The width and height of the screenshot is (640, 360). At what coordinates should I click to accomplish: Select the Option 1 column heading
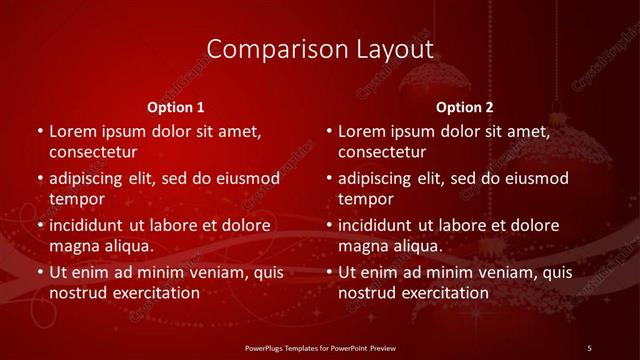pos(176,107)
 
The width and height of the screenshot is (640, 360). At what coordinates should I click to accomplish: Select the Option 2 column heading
pos(465,107)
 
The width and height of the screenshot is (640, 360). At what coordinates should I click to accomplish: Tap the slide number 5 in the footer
pos(589,347)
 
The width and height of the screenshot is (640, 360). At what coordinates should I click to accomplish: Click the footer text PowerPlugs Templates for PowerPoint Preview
pos(320,347)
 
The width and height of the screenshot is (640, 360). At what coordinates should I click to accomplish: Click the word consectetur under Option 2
pos(382,152)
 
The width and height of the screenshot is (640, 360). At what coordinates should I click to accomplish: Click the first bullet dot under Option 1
pos(39,132)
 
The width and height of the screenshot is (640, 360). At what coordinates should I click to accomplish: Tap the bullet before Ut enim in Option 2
pos(328,273)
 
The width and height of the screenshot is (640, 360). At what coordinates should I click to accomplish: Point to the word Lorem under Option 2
pos(362,132)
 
